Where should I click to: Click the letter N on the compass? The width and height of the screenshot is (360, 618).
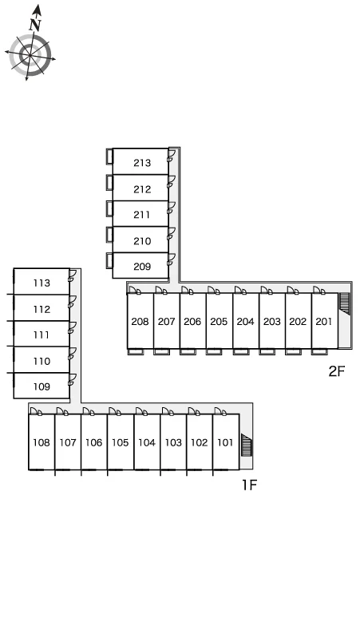pyautogui.click(x=35, y=25)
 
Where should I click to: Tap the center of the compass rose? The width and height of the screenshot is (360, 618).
pyautogui.click(x=30, y=55)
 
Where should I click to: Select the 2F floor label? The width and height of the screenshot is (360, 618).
pyautogui.click(x=337, y=370)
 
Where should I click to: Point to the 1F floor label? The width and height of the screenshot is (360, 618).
pyautogui.click(x=249, y=485)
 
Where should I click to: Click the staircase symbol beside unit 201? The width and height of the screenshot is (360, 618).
pyautogui.click(x=345, y=304)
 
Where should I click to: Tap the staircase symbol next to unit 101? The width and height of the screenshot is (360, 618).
pyautogui.click(x=247, y=445)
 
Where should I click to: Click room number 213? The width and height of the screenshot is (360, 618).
pyautogui.click(x=142, y=163)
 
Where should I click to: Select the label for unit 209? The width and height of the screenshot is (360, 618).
pyautogui.click(x=142, y=267)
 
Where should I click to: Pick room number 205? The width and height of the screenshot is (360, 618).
pyautogui.click(x=219, y=322)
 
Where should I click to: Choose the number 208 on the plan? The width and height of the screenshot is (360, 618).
pyautogui.click(x=140, y=322)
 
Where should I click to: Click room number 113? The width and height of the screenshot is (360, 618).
pyautogui.click(x=42, y=283)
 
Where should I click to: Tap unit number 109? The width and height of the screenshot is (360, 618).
pyautogui.click(x=42, y=386)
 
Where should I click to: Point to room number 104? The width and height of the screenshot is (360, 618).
pyautogui.click(x=147, y=442)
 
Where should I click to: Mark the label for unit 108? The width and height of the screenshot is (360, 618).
pyautogui.click(x=41, y=442)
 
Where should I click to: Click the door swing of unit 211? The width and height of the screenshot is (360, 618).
pyautogui.click(x=171, y=208)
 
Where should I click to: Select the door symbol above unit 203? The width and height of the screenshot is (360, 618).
pyautogui.click(x=267, y=291)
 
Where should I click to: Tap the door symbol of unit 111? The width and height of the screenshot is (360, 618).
pyautogui.click(x=72, y=328)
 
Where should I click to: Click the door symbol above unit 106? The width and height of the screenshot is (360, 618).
pyautogui.click(x=89, y=411)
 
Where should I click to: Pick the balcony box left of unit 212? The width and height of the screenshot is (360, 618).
pyautogui.click(x=109, y=183)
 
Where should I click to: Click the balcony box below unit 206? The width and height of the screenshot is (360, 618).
pyautogui.click(x=188, y=351)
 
